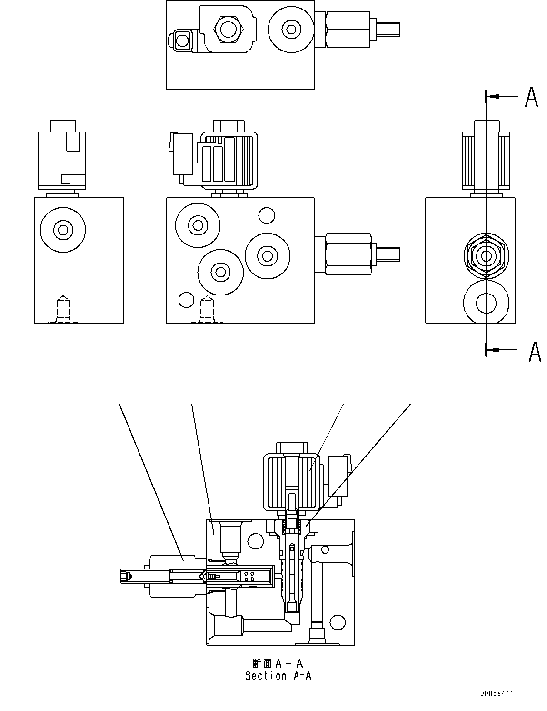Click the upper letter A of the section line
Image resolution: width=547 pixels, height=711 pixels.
pyautogui.click(x=531, y=97)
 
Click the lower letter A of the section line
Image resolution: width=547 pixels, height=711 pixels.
pyautogui.click(x=535, y=352)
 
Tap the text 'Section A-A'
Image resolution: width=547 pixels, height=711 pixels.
pyautogui.click(x=278, y=675)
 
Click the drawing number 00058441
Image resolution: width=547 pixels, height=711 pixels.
pyautogui.click(x=497, y=694)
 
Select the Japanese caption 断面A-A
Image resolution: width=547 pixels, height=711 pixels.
pyautogui.click(x=278, y=663)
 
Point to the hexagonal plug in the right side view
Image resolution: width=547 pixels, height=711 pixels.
pyautogui.click(x=486, y=256)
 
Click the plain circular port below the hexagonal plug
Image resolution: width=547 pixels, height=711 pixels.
pyautogui.click(x=486, y=303)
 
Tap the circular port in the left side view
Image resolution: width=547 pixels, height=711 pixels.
pyautogui.click(x=63, y=230)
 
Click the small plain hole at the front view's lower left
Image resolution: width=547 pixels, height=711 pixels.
pyautogui.click(x=186, y=300)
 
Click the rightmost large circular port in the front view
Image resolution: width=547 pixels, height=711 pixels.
pyautogui.click(x=268, y=255)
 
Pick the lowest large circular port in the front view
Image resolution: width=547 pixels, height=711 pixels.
pyautogui.click(x=220, y=273)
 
